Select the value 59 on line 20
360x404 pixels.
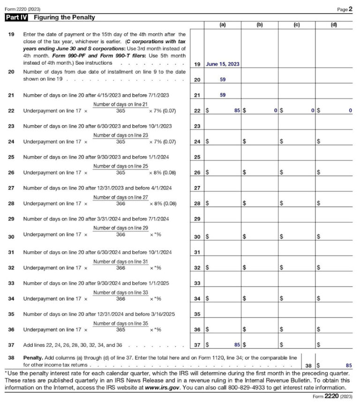tap(223, 80)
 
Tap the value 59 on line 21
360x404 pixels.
tap(223, 95)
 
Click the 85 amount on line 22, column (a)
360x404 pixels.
tap(237, 111)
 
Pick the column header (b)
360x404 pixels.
tap(260, 25)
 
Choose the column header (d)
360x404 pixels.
tap(334, 25)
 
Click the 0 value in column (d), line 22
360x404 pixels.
tap(350, 111)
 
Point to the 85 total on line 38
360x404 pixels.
tap(348, 364)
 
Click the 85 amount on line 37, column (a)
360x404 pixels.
tap(237, 345)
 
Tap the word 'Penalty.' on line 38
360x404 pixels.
tap(33, 357)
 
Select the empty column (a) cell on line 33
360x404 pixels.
tap(223, 283)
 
